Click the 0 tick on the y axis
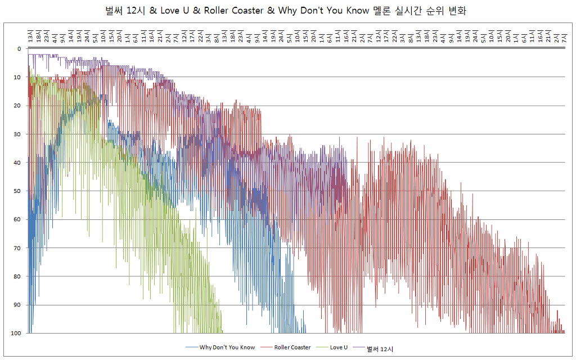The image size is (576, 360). pyautogui.click(x=19, y=49)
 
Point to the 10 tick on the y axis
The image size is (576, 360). pyautogui.click(x=17, y=77)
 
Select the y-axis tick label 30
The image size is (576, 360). pyautogui.click(x=17, y=134)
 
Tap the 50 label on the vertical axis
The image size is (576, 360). pyautogui.click(x=17, y=191)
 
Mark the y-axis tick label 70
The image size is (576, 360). pyautogui.click(x=17, y=248)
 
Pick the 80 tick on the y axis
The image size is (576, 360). pyautogui.click(x=17, y=277)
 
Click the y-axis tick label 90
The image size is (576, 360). pyautogui.click(x=17, y=305)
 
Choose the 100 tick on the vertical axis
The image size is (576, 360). pyautogui.click(x=16, y=334)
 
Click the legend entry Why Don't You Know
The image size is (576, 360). pyautogui.click(x=227, y=348)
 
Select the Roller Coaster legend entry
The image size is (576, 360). pyautogui.click(x=292, y=348)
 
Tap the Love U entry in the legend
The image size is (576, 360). pyautogui.click(x=339, y=348)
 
